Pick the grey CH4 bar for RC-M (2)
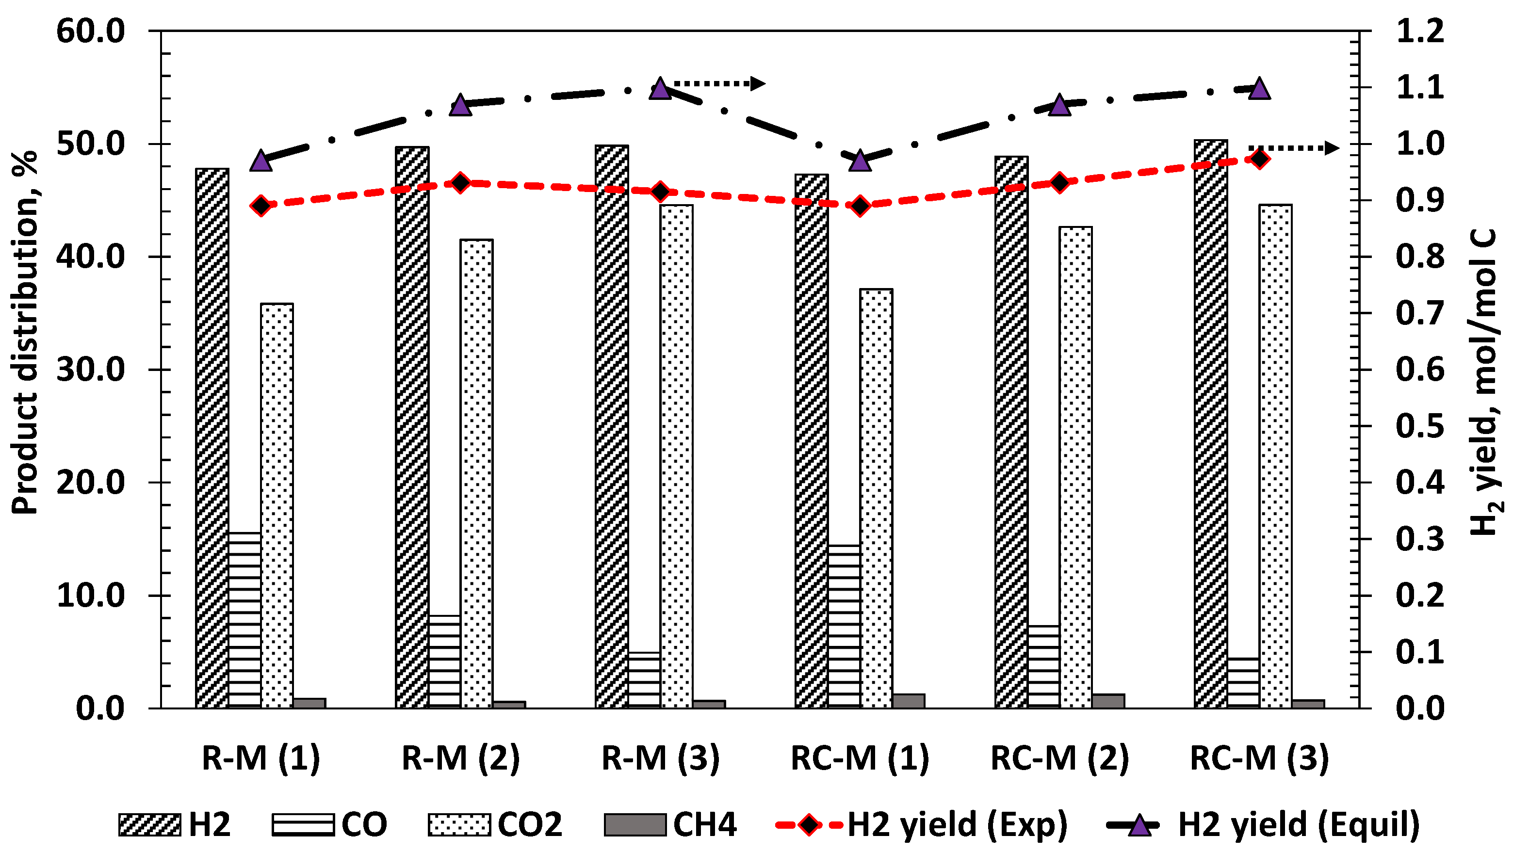[x=1108, y=701]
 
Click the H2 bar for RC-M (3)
[x=1210, y=423]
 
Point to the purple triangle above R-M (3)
[x=660, y=88]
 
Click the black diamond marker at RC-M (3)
[x=1259, y=159]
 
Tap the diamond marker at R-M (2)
[x=460, y=183]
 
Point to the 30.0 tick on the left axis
[x=91, y=370]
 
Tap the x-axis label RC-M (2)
[x=1059, y=757]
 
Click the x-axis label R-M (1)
[x=261, y=757]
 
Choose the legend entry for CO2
[x=496, y=824]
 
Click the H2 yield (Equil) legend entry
[x=1263, y=824]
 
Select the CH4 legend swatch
[x=635, y=824]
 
